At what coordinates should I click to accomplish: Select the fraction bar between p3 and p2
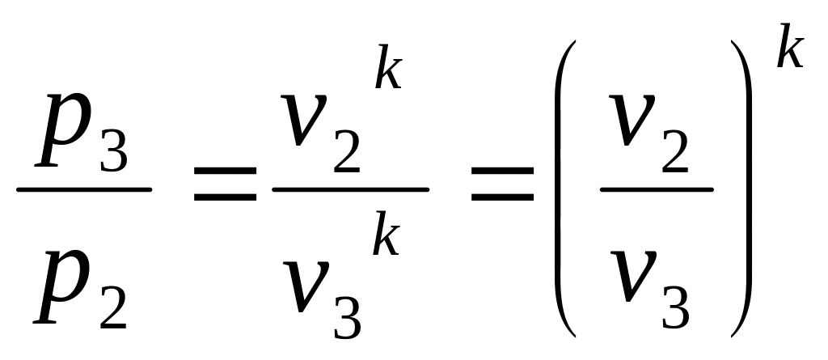(x=83, y=190)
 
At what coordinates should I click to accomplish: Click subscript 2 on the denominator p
(x=112, y=308)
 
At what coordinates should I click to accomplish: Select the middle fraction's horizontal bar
(x=350, y=190)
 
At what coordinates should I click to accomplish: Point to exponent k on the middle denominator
(x=386, y=239)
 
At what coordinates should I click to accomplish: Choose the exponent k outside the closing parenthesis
(x=789, y=50)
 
